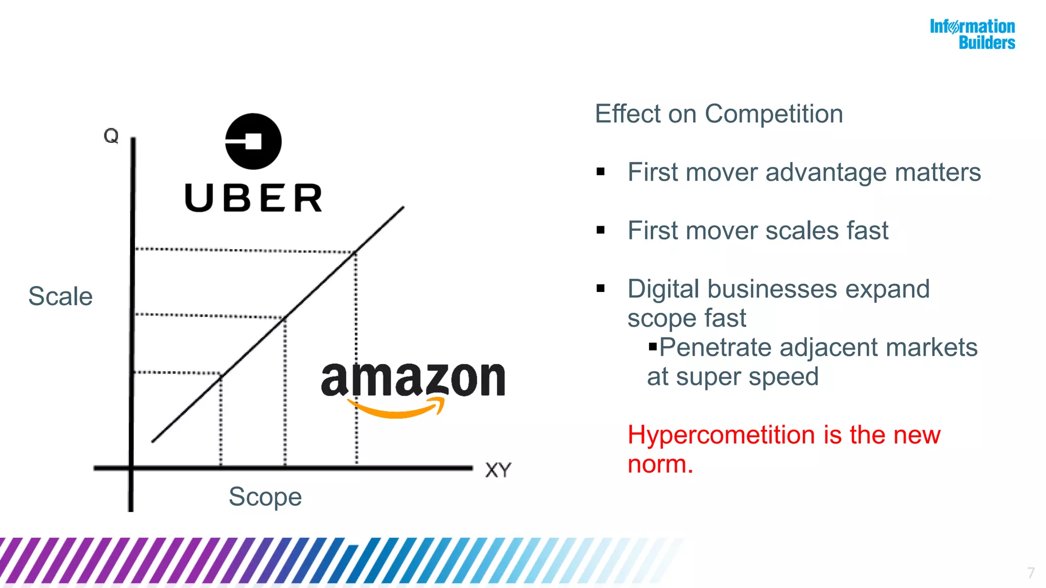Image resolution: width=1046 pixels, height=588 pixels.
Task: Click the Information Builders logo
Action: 972,34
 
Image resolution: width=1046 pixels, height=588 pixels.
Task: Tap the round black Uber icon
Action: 253,141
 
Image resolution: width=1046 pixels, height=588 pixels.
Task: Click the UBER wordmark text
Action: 253,198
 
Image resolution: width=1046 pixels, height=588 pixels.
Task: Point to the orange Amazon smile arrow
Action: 396,408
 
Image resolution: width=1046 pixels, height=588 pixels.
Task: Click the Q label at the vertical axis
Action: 111,136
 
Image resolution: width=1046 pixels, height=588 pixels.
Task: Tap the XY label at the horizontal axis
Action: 498,470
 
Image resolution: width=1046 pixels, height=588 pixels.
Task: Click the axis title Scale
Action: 60,297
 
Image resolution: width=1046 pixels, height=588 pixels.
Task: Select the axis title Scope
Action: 265,497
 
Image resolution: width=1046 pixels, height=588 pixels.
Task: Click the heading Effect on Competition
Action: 719,114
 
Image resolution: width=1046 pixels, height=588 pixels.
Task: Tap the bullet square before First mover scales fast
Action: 601,230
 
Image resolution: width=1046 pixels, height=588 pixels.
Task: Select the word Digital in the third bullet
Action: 663,289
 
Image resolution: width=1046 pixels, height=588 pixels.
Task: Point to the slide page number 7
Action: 1031,573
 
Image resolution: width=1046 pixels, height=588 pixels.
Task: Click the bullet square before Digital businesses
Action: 601,289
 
